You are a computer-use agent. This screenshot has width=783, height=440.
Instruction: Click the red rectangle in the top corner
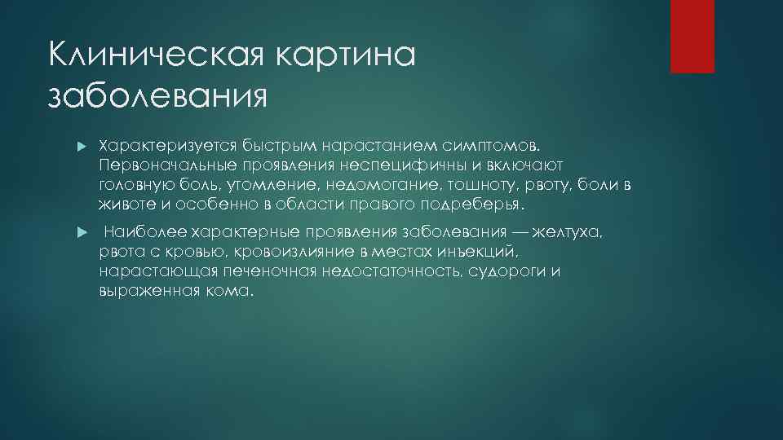[692, 36]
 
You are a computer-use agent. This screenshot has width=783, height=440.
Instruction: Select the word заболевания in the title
[157, 96]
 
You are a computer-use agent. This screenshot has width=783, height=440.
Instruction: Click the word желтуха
[570, 233]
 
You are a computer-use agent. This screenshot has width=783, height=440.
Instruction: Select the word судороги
[507, 272]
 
